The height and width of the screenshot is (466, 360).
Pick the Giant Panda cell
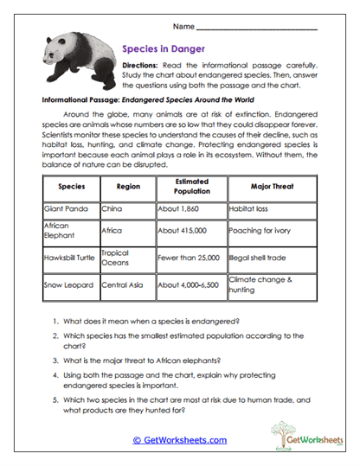point(66,208)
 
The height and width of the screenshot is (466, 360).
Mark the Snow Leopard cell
point(67,284)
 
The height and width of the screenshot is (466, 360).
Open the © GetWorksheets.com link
point(179,439)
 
